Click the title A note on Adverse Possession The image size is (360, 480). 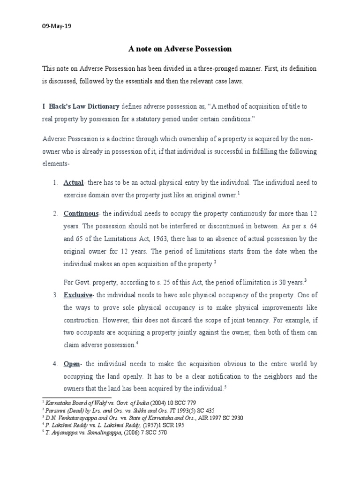click(180, 48)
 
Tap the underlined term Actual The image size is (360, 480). click(74, 182)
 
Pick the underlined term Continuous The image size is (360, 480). click(81, 213)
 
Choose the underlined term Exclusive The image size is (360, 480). click(78, 295)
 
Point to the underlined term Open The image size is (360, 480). click(72, 364)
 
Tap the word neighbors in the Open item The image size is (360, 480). click(275, 376)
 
